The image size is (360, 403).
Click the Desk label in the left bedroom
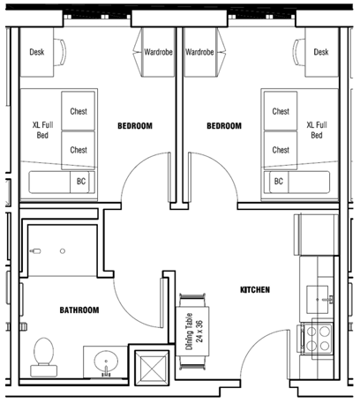click(x=37, y=52)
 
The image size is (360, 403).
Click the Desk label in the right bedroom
click(x=321, y=52)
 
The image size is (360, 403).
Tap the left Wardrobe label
click(x=158, y=52)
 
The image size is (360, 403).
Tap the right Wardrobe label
click(x=199, y=52)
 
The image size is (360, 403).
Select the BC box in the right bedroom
click(x=279, y=183)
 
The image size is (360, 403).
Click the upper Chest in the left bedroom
click(x=79, y=111)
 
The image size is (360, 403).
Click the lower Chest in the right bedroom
click(x=281, y=150)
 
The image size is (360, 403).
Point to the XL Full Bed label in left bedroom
click(x=42, y=130)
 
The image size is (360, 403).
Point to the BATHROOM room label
click(x=79, y=310)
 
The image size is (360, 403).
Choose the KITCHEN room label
click(x=255, y=290)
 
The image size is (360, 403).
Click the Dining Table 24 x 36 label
click(x=194, y=332)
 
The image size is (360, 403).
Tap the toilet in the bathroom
click(x=44, y=357)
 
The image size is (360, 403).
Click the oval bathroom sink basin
click(x=106, y=362)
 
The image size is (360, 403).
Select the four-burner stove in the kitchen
click(x=319, y=338)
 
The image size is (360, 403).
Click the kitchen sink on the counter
click(x=318, y=300)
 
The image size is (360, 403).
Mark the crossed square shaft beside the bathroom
click(x=152, y=368)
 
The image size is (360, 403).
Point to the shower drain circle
click(x=63, y=251)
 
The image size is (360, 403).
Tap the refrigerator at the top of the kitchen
click(x=317, y=235)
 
